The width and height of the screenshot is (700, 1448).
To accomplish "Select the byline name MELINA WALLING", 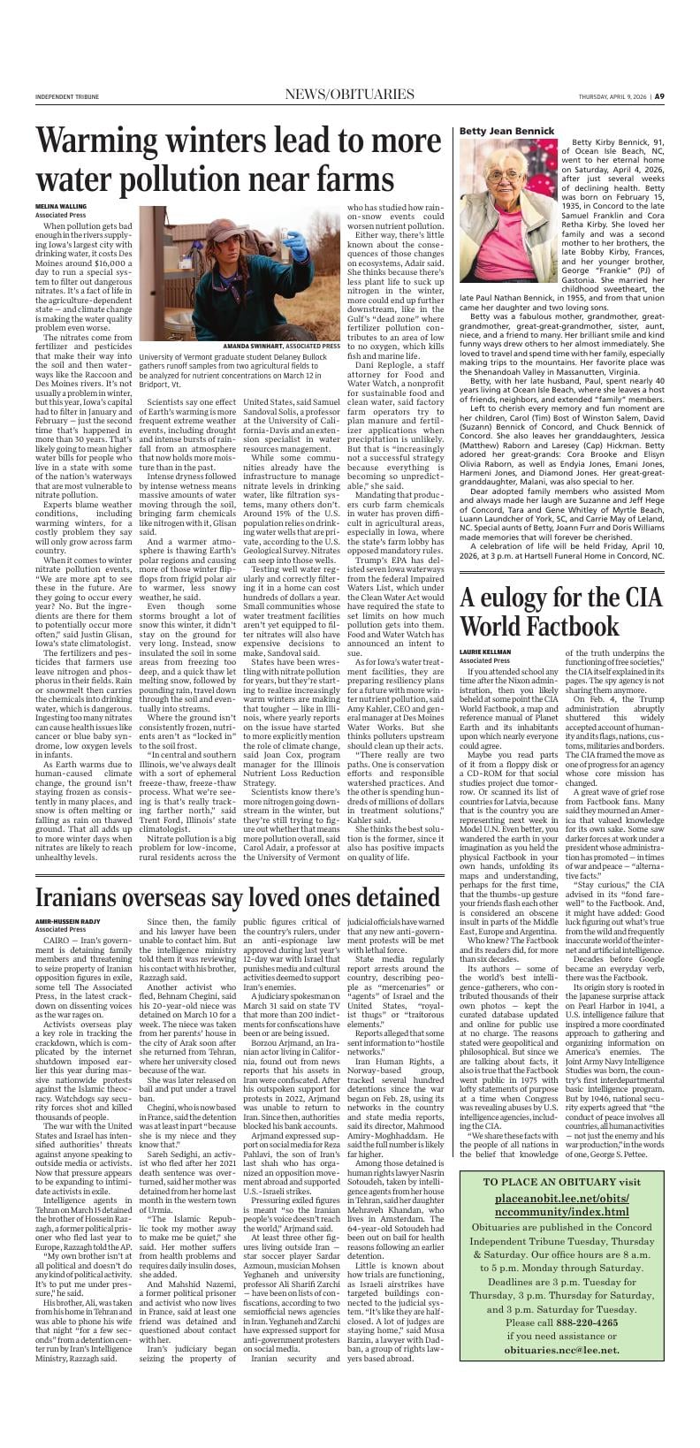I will point(61,205).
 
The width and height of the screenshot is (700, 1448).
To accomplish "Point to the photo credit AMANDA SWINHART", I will point(256,346).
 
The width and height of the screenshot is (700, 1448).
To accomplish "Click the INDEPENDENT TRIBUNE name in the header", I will point(67,97).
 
